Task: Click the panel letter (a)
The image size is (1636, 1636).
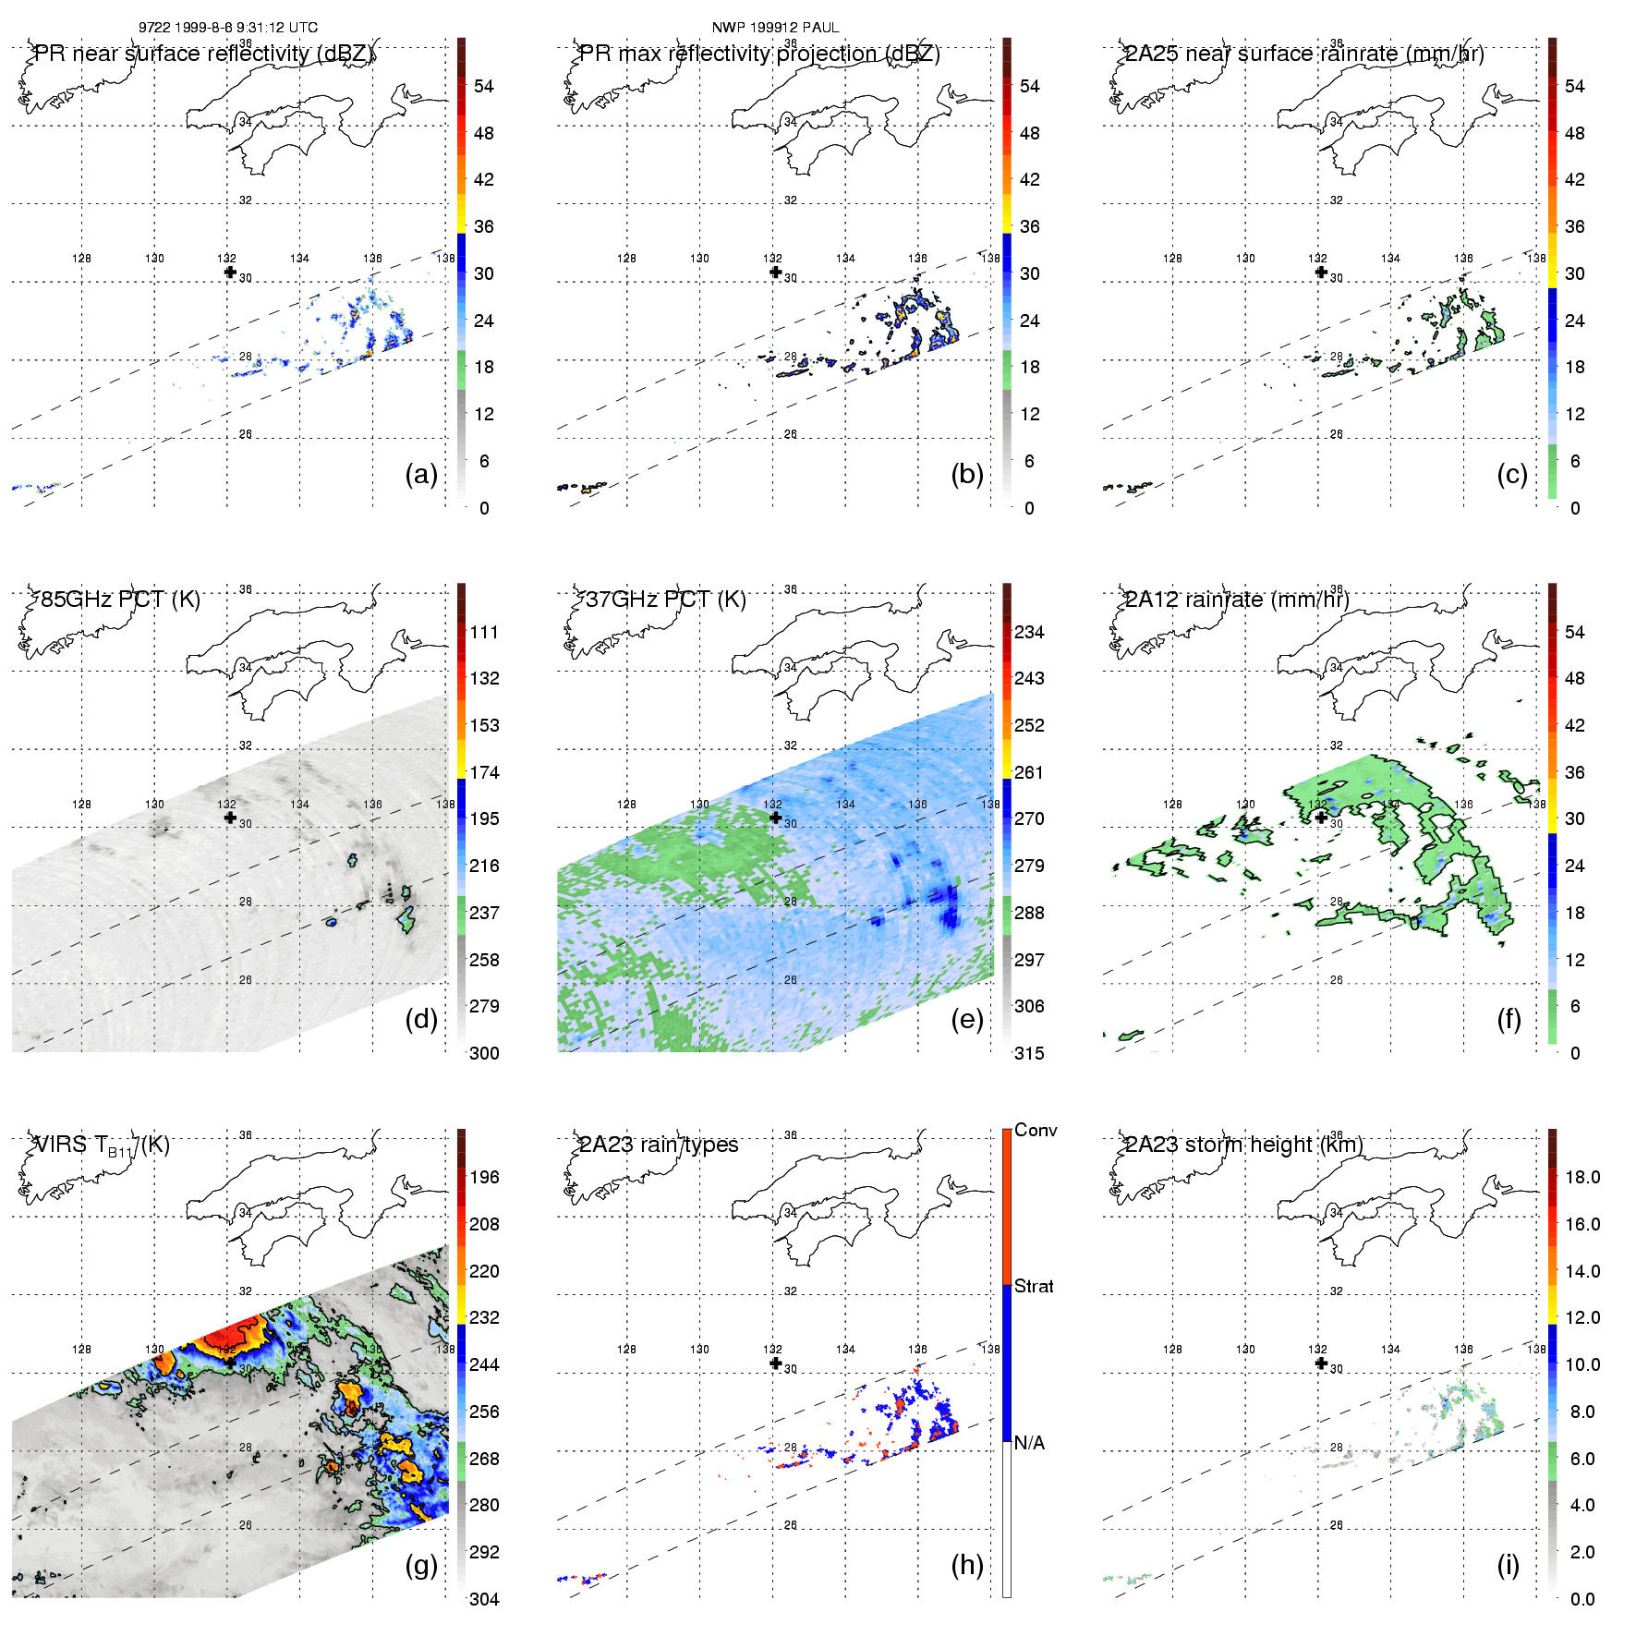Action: (421, 474)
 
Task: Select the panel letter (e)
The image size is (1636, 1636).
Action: (967, 1019)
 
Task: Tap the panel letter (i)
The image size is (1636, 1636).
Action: (1508, 1565)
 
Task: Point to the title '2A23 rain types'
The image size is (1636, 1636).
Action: (659, 1145)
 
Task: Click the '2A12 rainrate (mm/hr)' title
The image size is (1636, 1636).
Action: (1237, 600)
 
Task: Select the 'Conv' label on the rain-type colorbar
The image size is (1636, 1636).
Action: (1036, 1130)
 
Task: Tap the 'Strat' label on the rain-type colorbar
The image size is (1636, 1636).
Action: (1034, 1286)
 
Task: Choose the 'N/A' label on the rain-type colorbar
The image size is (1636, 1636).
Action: (1029, 1443)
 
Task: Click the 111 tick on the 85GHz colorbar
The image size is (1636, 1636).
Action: (484, 632)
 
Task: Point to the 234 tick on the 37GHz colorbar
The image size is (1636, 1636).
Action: (1029, 632)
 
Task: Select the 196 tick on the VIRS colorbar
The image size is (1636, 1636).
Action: (484, 1177)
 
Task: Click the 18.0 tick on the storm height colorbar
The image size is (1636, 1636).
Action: (1582, 1177)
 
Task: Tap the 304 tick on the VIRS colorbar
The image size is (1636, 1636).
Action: (484, 1599)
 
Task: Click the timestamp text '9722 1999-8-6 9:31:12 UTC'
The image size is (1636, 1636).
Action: (228, 28)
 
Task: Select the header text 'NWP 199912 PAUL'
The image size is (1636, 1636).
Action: (775, 28)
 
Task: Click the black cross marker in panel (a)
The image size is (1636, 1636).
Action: (230, 272)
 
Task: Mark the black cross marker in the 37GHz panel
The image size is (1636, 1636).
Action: (775, 818)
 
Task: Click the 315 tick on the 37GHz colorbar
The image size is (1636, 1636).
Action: (1029, 1053)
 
